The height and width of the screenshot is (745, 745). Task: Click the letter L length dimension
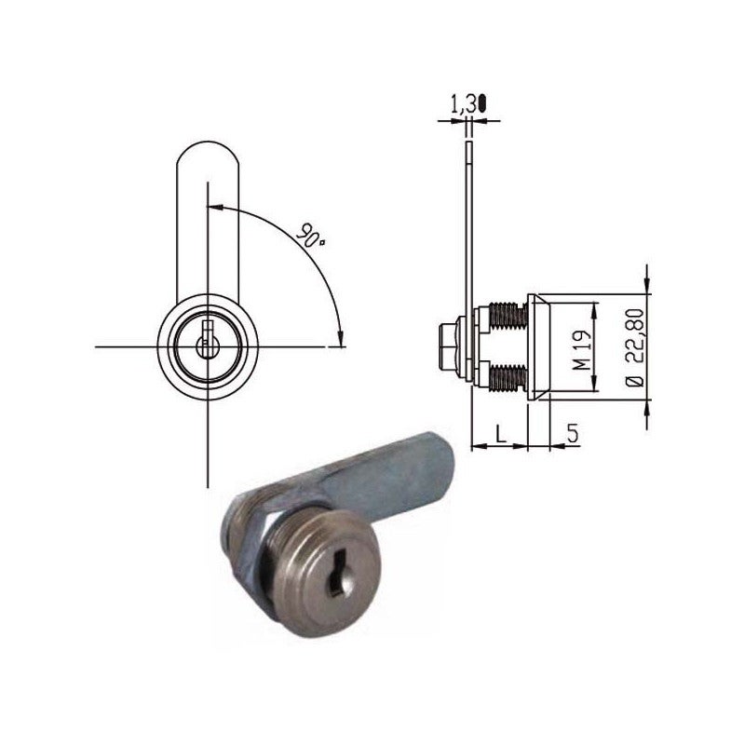[500, 433]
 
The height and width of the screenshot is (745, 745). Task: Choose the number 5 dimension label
[572, 433]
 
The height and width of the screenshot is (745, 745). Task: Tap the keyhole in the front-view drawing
[208, 338]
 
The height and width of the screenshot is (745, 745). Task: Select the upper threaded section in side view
[507, 316]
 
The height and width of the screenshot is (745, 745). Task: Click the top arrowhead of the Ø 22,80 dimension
[647, 276]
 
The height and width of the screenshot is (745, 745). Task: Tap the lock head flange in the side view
[538, 346]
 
